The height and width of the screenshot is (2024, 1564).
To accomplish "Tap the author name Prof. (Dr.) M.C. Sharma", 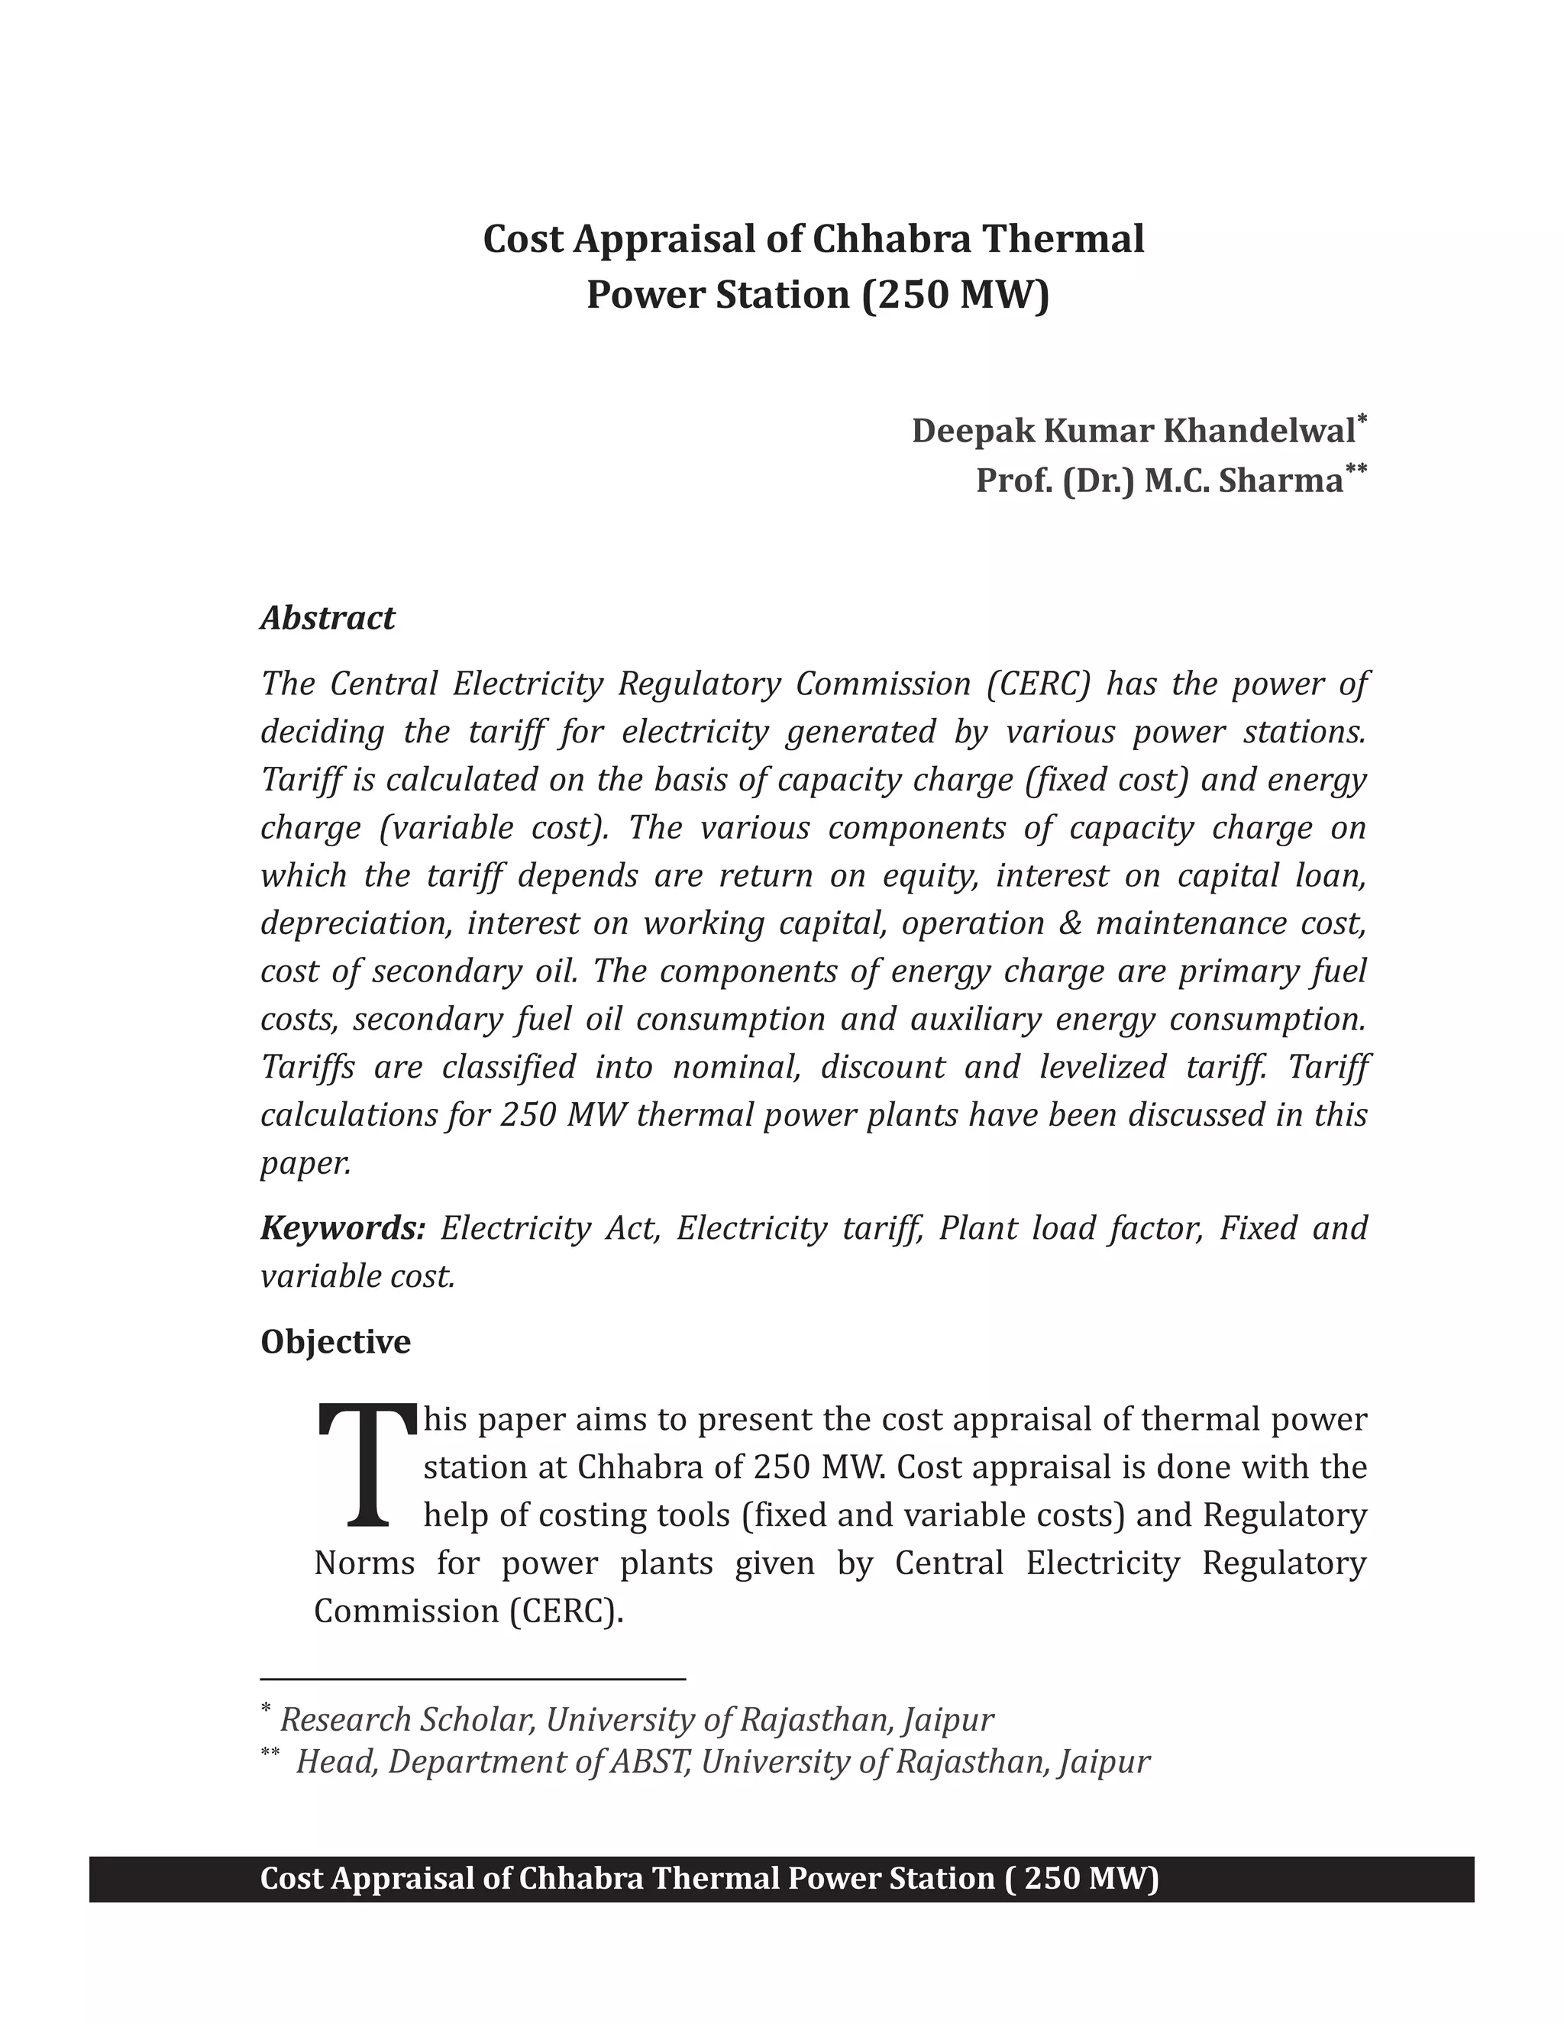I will point(1159,481).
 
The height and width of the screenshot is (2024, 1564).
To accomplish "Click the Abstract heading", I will point(327,618).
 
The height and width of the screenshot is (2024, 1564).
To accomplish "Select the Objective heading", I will point(335,1342).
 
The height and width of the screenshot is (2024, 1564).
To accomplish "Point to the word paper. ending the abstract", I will point(305,1164).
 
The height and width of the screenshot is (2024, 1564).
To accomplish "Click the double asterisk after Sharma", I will point(1356,470).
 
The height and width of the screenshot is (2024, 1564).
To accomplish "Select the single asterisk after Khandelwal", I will point(1362,420).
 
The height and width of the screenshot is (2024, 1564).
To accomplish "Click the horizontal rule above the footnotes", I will point(473,1678).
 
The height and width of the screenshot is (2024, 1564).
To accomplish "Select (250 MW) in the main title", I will point(955,295).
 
